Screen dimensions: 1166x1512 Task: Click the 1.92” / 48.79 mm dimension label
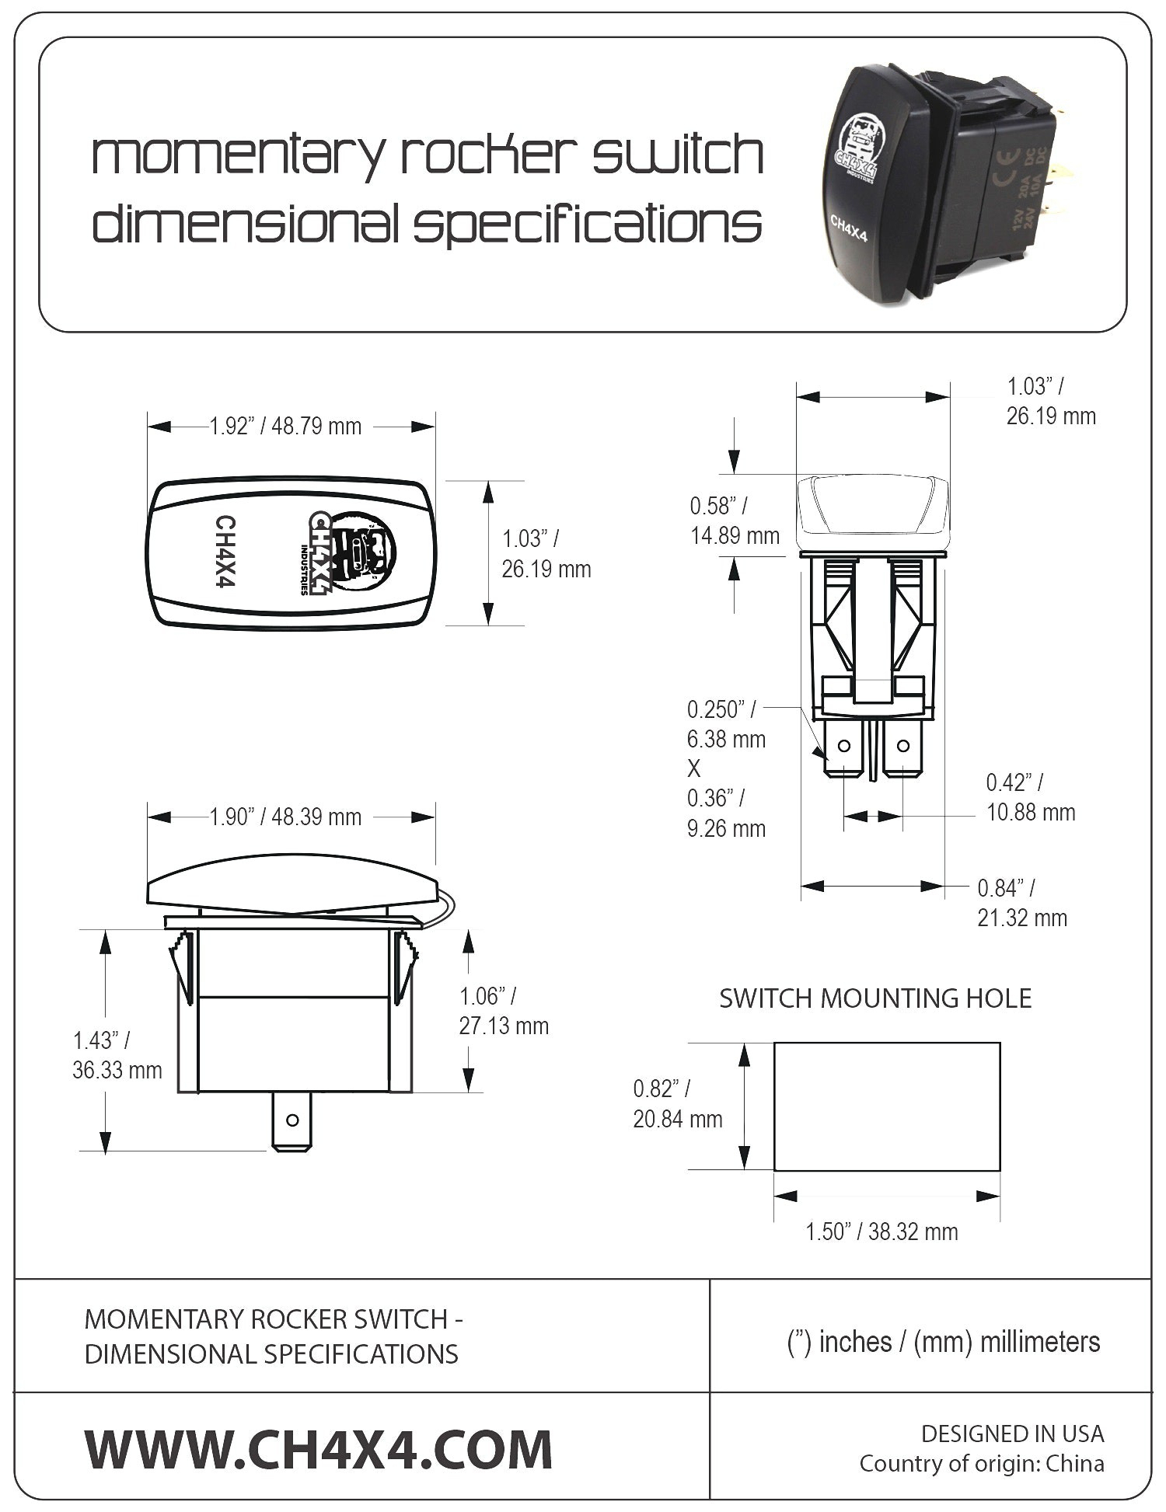click(x=285, y=427)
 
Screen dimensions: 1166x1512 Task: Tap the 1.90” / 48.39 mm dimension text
click(x=285, y=817)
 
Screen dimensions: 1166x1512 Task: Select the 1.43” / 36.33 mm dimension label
click(x=117, y=1055)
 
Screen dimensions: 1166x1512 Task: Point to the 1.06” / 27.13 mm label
click(x=504, y=1011)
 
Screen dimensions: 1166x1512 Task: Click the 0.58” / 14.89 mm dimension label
click(x=735, y=521)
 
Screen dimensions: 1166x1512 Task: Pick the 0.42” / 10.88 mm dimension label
click(x=1031, y=797)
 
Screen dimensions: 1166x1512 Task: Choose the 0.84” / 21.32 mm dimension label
click(x=1022, y=903)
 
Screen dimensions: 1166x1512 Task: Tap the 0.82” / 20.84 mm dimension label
click(x=678, y=1104)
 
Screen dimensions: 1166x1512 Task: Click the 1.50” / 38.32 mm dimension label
click(x=881, y=1232)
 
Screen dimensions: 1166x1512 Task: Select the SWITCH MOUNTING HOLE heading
click(x=875, y=998)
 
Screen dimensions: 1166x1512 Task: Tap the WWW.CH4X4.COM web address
click(x=319, y=1450)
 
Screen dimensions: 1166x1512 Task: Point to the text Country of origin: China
click(x=982, y=1464)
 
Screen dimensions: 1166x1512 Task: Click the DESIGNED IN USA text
click(x=1012, y=1434)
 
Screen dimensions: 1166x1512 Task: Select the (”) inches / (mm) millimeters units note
click(x=944, y=1342)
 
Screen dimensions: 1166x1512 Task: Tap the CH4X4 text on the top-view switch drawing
click(x=224, y=552)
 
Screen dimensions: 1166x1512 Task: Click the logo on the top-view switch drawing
click(x=351, y=552)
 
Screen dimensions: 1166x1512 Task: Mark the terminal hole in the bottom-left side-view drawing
click(x=292, y=1120)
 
